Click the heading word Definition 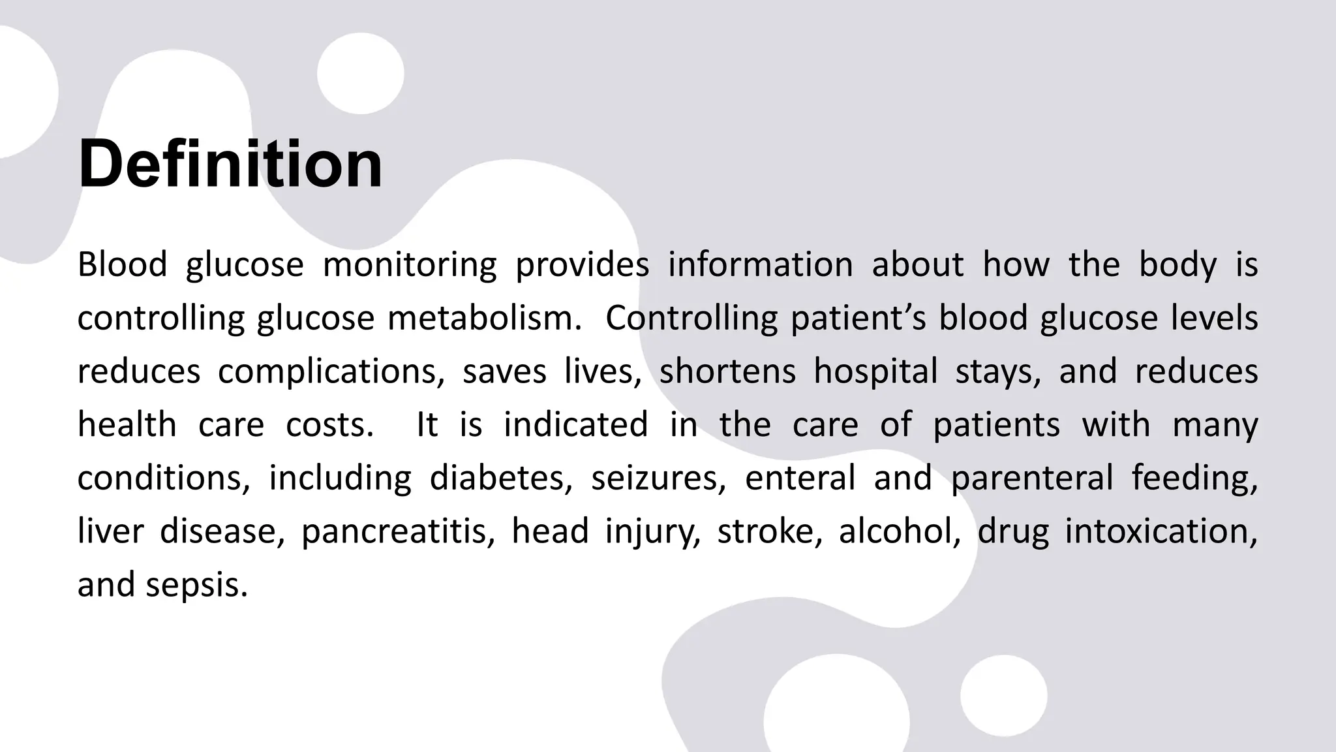click(x=230, y=164)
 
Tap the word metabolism click(x=483, y=319)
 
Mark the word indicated click(x=575, y=425)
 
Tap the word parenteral click(x=1031, y=478)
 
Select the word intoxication click(x=1161, y=531)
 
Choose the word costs click(x=330, y=425)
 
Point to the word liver click(x=110, y=531)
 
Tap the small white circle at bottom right click(x=1003, y=696)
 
